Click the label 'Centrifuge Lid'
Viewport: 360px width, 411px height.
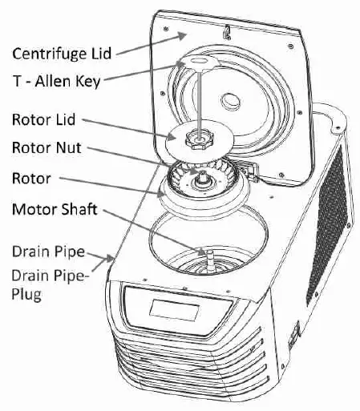[61, 54]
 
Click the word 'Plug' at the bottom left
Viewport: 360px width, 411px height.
[28, 295]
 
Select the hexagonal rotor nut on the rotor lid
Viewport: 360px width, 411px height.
[197, 139]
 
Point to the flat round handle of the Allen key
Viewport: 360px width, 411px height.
[196, 62]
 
